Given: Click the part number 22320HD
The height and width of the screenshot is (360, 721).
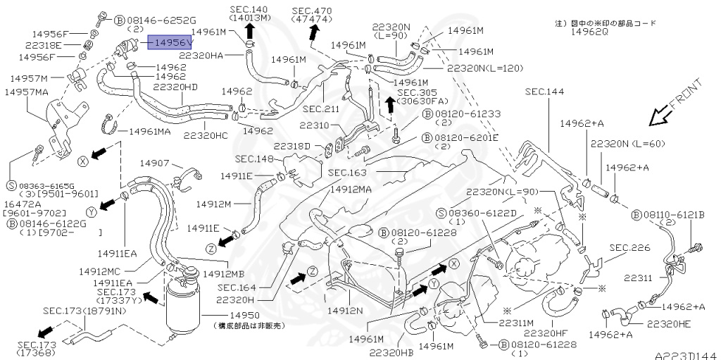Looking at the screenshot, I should [x=176, y=87].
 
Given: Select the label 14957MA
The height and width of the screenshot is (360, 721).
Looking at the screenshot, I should [x=27, y=92].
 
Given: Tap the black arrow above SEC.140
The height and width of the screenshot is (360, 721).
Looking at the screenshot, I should [x=250, y=30].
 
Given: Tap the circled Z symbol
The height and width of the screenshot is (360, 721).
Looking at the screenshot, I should [x=211, y=248].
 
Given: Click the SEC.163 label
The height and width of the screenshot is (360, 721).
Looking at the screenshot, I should [x=347, y=172].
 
